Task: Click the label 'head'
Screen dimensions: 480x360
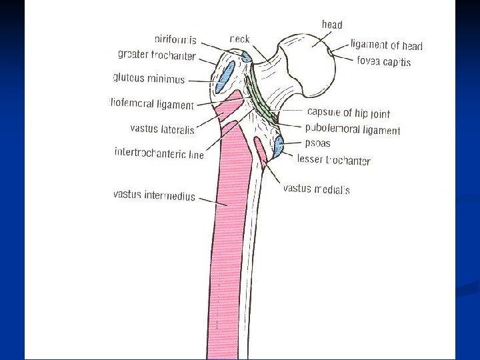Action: [x=332, y=25]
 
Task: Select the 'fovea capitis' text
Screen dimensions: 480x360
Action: [x=383, y=61]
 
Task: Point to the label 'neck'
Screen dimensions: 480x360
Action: [x=240, y=39]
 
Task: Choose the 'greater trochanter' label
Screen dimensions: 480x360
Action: [x=157, y=54]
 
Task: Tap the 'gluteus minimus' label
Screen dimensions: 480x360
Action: [x=149, y=78]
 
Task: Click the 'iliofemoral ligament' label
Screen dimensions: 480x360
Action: [x=151, y=104]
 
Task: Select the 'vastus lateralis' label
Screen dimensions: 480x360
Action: [x=163, y=129]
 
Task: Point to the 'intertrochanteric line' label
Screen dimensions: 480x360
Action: [x=159, y=153]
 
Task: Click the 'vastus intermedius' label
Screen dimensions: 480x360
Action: [x=154, y=195]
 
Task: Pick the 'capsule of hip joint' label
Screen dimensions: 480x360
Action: [x=349, y=113]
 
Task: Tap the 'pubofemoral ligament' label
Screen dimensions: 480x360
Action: [x=353, y=130]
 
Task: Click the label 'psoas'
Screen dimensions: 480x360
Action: [x=318, y=143]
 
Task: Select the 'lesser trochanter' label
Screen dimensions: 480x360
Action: [x=333, y=160]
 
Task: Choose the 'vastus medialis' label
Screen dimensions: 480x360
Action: [x=316, y=189]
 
